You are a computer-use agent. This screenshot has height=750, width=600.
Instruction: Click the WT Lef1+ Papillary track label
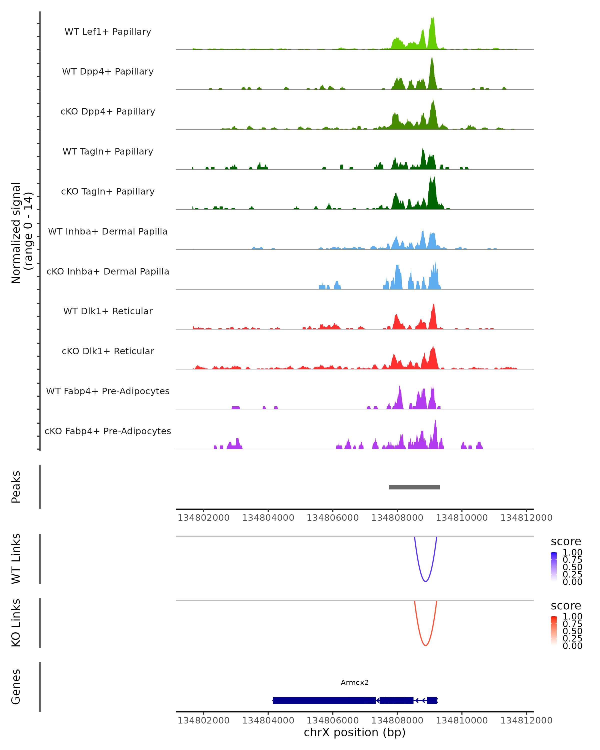point(108,32)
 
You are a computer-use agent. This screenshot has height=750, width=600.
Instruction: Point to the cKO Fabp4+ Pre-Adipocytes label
point(108,431)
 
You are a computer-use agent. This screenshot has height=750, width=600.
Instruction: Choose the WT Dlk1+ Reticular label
point(108,311)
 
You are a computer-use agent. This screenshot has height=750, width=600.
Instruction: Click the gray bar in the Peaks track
point(414,487)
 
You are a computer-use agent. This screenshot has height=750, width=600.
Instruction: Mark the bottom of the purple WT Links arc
point(425,581)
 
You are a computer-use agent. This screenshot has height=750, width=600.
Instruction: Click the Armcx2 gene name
point(354,682)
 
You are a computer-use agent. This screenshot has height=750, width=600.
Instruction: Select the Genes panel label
point(16,687)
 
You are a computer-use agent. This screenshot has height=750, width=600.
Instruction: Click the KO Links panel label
point(16,623)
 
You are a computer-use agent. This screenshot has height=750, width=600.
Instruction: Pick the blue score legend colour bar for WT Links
point(554,567)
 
